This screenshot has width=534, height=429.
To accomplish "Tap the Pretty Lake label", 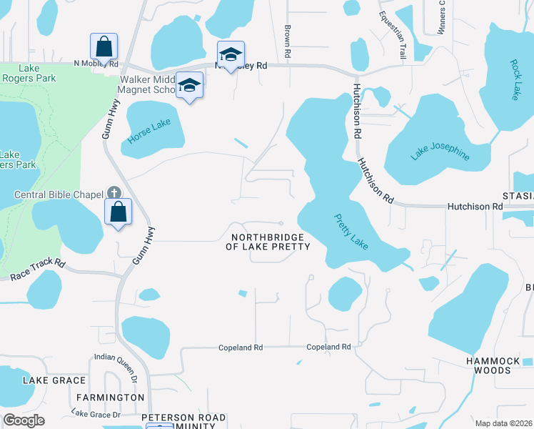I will click(x=351, y=232).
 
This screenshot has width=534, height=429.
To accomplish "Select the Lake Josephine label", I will click(x=440, y=151).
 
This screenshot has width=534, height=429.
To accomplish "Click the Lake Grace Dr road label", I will click(x=96, y=414).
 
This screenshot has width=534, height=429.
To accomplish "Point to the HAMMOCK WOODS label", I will click(x=498, y=365).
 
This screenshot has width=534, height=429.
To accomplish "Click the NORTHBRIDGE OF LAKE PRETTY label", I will click(x=268, y=242).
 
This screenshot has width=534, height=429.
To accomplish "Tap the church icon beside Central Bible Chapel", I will click(x=114, y=193).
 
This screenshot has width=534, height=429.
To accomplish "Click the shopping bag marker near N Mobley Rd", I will click(x=104, y=46).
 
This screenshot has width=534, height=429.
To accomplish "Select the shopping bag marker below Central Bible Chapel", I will click(x=118, y=212).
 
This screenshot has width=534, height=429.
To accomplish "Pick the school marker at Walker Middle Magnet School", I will click(x=189, y=86).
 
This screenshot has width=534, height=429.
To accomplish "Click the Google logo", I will click(x=24, y=420).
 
